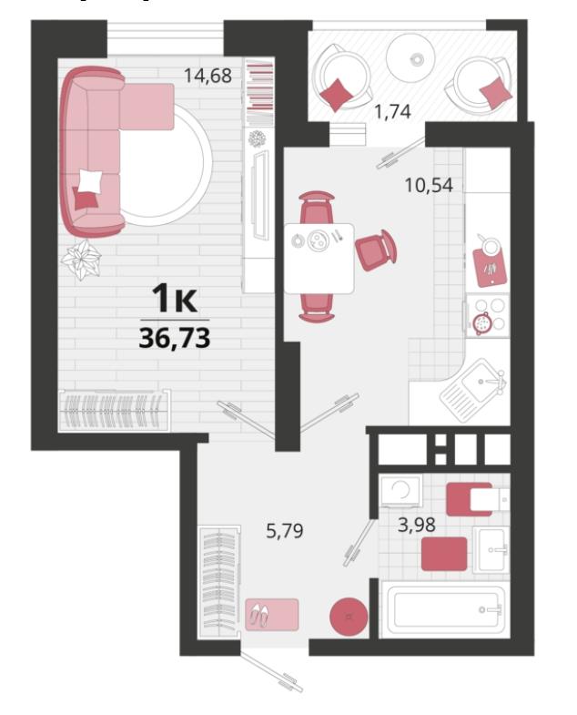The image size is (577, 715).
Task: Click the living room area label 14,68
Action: (208, 76)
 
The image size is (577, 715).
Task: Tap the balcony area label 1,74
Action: (392, 111)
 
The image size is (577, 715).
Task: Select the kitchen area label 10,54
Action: (429, 185)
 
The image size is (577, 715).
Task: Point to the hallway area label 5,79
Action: (284, 531)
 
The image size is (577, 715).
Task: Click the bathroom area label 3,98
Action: (417, 525)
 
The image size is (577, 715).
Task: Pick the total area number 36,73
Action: (175, 338)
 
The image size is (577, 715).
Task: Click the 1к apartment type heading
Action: (175, 298)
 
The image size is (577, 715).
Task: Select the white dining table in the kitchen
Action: (319, 258)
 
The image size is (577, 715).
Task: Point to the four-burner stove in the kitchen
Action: (487, 315)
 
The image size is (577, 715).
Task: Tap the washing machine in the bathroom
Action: (401, 491)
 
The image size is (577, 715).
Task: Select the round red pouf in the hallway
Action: (349, 617)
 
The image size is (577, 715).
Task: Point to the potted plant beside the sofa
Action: (82, 259)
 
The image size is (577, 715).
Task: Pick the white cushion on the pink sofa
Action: (90, 181)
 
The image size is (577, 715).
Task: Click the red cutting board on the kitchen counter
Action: (490, 266)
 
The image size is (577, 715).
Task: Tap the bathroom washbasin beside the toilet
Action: (491, 549)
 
